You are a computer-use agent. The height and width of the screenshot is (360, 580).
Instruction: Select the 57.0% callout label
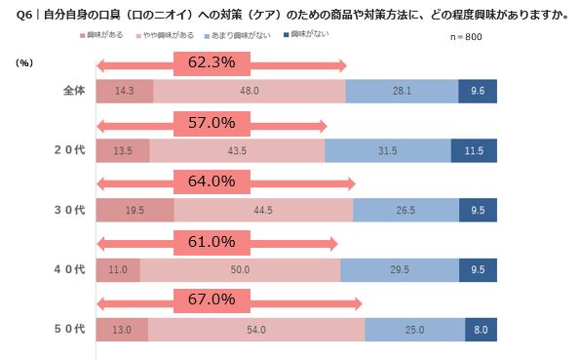(211, 124)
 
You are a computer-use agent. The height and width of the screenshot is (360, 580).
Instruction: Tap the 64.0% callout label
(211, 182)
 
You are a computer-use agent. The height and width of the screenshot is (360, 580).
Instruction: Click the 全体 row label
(73, 91)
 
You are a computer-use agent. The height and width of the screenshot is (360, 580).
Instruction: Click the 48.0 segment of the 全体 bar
(250, 91)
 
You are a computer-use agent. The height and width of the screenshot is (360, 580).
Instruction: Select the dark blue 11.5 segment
(474, 150)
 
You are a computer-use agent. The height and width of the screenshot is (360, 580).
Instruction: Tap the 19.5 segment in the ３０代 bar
(135, 210)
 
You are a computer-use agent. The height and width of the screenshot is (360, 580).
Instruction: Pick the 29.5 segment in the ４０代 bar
(399, 269)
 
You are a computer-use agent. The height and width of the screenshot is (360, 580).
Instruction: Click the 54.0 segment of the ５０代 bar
(256, 329)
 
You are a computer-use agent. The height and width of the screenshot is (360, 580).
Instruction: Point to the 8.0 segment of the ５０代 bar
(481, 329)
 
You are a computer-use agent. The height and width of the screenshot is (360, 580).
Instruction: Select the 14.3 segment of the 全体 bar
(125, 91)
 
